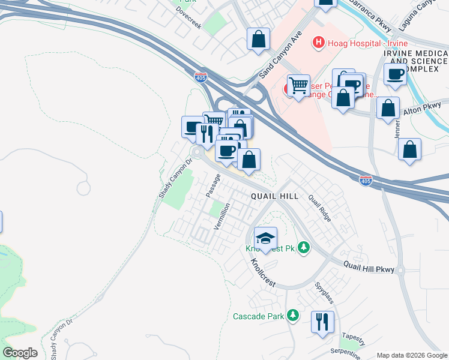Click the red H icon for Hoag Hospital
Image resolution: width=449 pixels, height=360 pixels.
click(x=318, y=43)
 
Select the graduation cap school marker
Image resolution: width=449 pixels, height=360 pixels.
click(x=266, y=238)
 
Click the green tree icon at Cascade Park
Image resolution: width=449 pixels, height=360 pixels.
click(x=293, y=315)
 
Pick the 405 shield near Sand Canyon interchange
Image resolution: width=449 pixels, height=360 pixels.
click(x=201, y=77)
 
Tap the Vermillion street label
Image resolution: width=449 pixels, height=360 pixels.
click(x=222, y=216)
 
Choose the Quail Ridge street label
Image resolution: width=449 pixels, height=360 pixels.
click(x=319, y=208)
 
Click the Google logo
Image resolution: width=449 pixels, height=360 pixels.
click(x=20, y=353)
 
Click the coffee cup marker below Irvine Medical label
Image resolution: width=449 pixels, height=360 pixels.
click(x=395, y=75)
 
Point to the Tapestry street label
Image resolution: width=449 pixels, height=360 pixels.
click(x=353, y=336)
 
